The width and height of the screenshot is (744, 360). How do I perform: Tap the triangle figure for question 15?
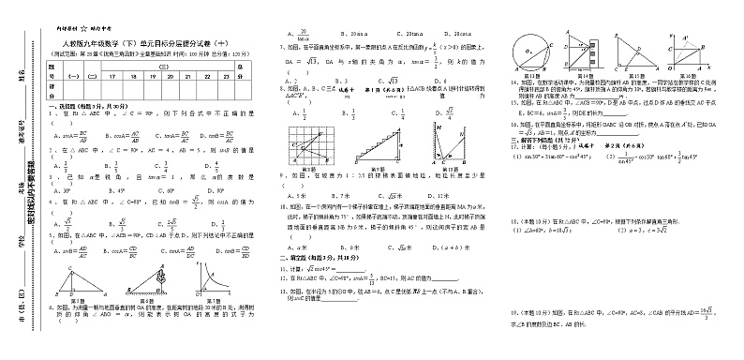637,52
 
